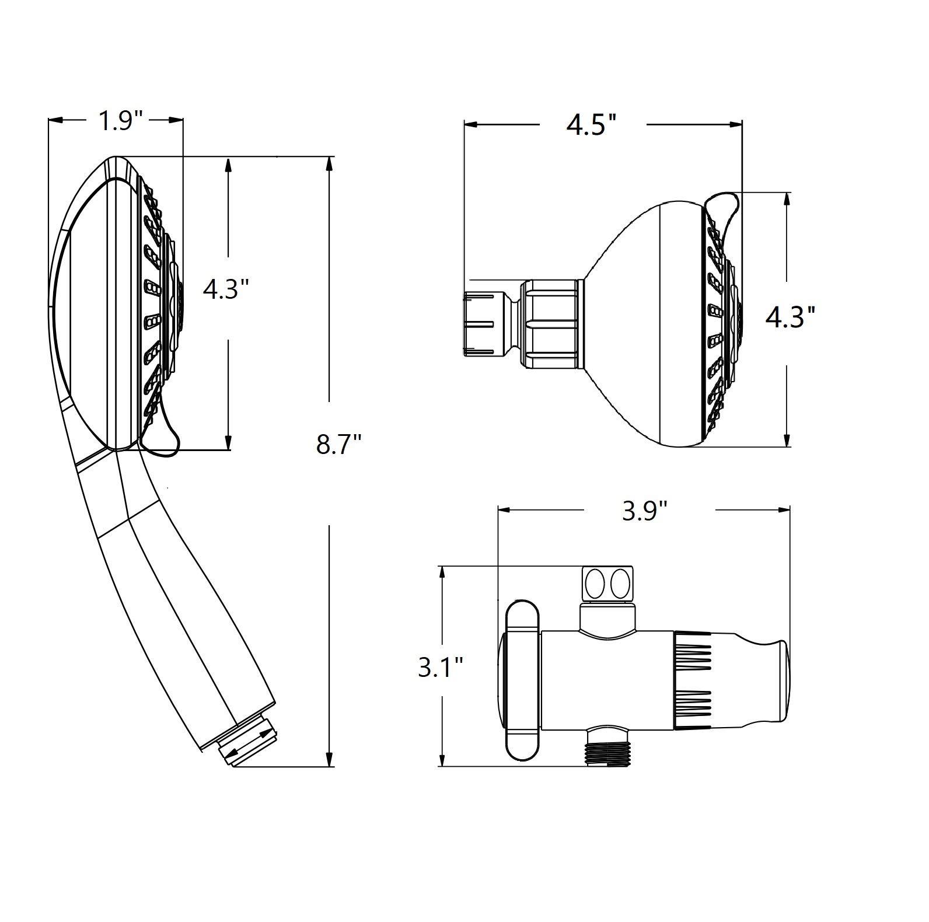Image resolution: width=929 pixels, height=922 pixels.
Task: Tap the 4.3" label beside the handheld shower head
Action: click(x=226, y=288)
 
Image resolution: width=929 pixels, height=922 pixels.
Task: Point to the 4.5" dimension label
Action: click(x=592, y=125)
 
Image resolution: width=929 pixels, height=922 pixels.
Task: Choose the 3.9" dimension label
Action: click(x=644, y=511)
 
